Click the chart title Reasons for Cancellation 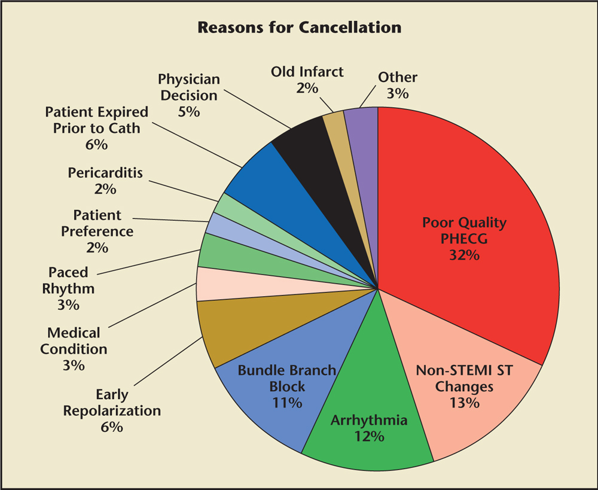coord(299,28)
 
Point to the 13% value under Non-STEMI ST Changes coord(465,403)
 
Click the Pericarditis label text coord(105,173)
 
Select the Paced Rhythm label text coord(68,281)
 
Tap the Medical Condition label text coord(74,340)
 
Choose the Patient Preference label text coord(97,223)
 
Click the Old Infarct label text coord(307,72)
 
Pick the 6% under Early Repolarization coord(112,427)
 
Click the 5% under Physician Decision coord(189,111)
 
